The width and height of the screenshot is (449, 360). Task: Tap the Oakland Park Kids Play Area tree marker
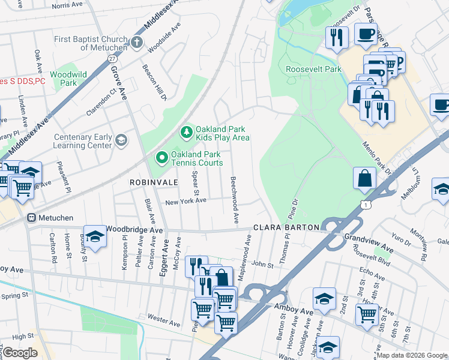tap(186, 131)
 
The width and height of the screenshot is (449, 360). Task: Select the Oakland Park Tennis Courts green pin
tap(161, 158)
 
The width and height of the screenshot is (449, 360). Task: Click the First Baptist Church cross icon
tap(137, 43)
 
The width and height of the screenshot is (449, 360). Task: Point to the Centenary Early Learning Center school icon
tap(121, 140)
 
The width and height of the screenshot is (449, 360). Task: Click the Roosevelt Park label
tap(313, 70)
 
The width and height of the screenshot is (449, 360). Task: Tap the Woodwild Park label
tap(68, 79)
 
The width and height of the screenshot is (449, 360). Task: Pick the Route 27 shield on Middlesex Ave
tap(112, 59)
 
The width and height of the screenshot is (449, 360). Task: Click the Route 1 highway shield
tap(366, 205)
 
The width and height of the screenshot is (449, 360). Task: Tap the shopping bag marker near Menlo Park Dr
tap(364, 178)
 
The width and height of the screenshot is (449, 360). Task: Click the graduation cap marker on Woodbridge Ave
tap(95, 236)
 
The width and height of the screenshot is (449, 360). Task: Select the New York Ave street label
tap(186, 202)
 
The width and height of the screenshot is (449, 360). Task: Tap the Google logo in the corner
tap(20, 353)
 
